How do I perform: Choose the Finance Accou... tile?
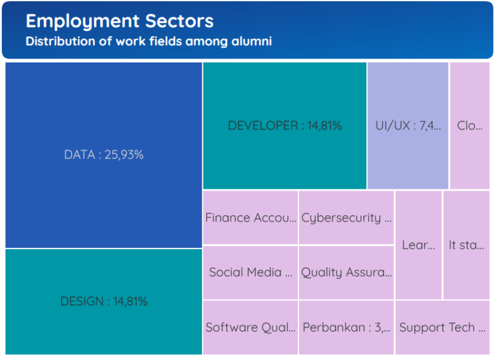pos(250,218)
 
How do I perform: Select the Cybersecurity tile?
pos(346,218)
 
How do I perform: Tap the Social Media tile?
pos(250,272)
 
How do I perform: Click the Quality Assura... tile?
pos(346,272)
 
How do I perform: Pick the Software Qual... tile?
pos(250,327)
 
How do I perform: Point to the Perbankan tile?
pos(346,327)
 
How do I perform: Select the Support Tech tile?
pos(442,327)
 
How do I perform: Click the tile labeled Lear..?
pos(418,245)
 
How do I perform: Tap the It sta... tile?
pos(466,245)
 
